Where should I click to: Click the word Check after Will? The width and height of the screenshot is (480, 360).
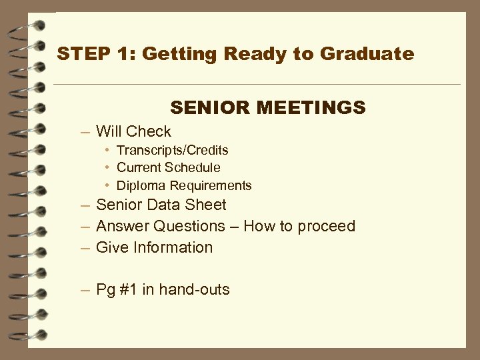pos(149,131)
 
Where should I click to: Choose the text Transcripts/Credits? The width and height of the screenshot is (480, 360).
pos(172,150)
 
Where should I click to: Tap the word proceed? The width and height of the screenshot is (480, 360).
pos(327,226)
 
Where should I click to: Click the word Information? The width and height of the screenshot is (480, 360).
pos(175,247)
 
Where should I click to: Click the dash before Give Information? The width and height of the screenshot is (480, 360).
pos(85,247)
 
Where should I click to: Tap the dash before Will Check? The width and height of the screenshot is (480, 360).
pos(85,132)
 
